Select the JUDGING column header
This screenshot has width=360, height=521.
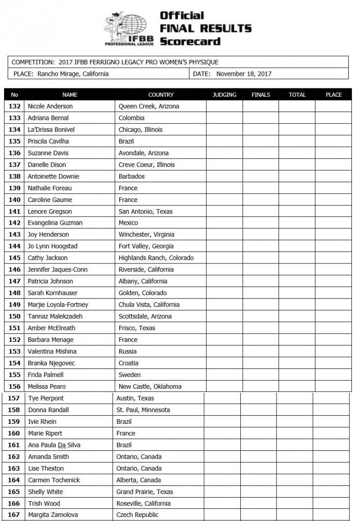pos(224,95)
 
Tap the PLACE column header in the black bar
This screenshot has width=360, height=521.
pos(334,95)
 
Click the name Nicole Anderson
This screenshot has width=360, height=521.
pos(50,106)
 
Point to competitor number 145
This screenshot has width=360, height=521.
pos(15,258)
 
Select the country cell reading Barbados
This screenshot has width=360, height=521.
pos(131,177)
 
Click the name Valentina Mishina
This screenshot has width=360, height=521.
pos(52,352)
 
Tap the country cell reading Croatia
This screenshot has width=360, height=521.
pos(129,363)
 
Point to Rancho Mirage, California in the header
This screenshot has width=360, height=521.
pos(73,73)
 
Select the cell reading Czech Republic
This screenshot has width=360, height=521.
pos(137,515)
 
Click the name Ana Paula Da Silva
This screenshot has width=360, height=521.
pos(54,445)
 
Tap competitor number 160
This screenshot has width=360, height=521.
pos(14,433)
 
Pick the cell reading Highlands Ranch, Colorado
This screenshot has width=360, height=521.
pos(156,258)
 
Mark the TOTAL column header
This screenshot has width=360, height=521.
pos(297,95)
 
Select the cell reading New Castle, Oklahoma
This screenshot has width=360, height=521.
pos(150,387)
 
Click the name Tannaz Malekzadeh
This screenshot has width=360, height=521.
pos(53,316)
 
